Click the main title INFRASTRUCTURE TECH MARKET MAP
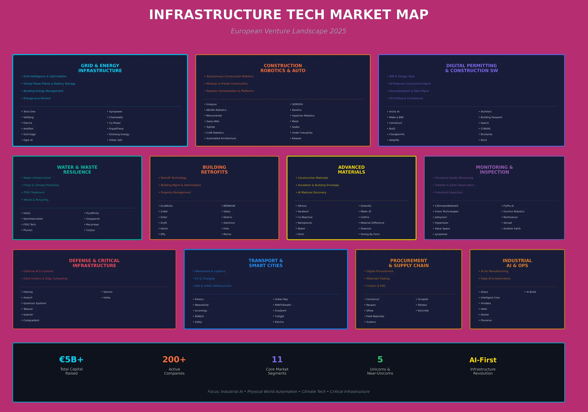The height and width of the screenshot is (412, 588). click(x=289, y=15)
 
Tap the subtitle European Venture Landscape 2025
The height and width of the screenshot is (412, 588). click(x=289, y=31)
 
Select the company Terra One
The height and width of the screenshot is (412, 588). click(x=29, y=112)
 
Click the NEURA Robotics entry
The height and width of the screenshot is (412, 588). click(x=216, y=110)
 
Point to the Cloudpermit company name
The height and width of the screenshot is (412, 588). click(x=396, y=134)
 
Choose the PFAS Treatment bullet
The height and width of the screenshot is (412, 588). click(x=34, y=193)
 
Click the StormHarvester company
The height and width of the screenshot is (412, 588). click(x=33, y=219)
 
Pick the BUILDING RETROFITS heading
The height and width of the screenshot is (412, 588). click(x=214, y=170)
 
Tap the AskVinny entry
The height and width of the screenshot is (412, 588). click(x=229, y=223)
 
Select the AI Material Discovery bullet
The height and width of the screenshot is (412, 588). click(x=312, y=193)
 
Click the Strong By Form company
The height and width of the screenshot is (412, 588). click(x=370, y=234)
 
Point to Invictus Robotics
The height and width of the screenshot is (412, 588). click(x=514, y=212)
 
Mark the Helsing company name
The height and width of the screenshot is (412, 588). click(x=28, y=292)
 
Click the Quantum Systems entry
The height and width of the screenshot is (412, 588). click(x=35, y=303)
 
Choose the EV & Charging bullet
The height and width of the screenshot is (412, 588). click(x=204, y=279)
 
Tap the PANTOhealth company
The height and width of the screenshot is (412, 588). click(x=283, y=305)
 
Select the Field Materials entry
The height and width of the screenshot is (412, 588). click(x=375, y=316)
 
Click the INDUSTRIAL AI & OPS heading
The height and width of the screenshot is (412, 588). click(x=517, y=263)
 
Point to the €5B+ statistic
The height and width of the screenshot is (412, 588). click(x=71, y=360)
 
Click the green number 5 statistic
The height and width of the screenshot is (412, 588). click(x=380, y=360)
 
